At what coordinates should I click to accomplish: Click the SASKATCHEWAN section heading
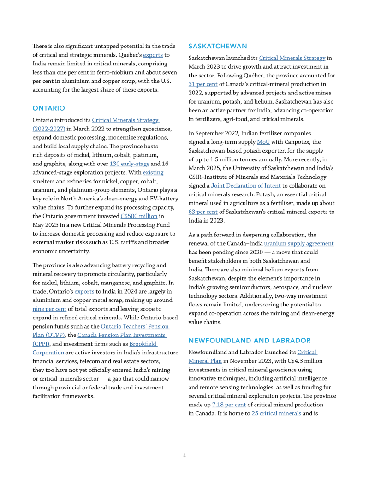click(x=217, y=46)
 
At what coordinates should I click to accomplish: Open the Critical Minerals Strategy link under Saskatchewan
click(x=292, y=59)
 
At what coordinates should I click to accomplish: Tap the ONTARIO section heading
click(x=48, y=107)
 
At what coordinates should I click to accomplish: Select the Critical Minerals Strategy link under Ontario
click(x=126, y=121)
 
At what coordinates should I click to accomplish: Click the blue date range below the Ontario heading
click(x=48, y=129)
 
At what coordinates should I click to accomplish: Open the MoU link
click(x=263, y=143)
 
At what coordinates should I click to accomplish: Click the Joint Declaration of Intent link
click(x=246, y=187)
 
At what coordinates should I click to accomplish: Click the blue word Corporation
click(x=48, y=353)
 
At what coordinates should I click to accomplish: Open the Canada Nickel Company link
click(x=135, y=327)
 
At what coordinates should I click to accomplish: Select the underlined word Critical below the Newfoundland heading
click(x=307, y=353)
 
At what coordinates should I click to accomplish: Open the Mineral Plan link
click(x=205, y=362)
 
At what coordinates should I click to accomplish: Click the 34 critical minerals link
click(x=276, y=413)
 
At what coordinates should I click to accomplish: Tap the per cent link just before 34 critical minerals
click(x=229, y=406)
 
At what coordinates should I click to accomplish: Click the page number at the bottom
click(x=184, y=457)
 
